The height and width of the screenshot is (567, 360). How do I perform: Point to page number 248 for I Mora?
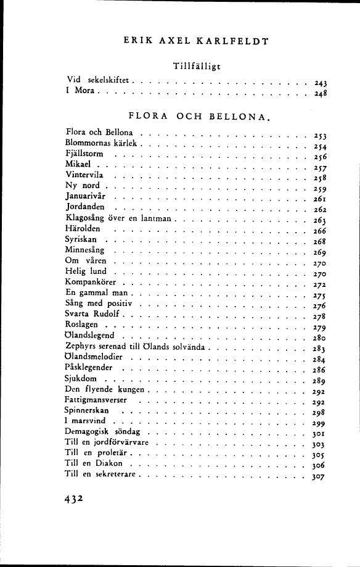pyautogui.click(x=319, y=94)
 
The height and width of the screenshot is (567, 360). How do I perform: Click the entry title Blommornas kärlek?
pyautogui.click(x=101, y=143)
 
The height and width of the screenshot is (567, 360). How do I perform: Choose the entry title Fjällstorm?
pyautogui.click(x=84, y=154)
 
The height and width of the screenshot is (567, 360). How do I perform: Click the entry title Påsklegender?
pyautogui.click(x=89, y=368)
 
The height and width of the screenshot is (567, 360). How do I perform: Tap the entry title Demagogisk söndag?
pyautogui.click(x=103, y=432)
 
